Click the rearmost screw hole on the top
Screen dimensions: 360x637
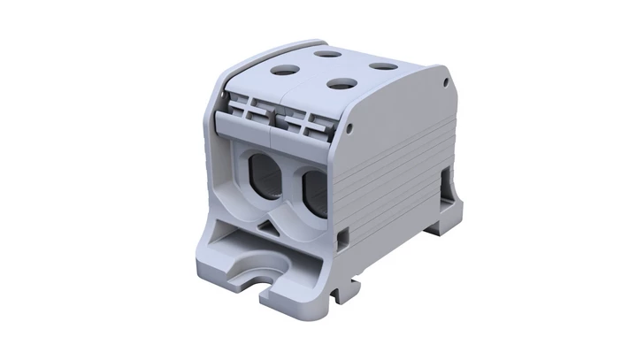[328, 53]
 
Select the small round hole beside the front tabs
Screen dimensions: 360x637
[351, 130]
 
